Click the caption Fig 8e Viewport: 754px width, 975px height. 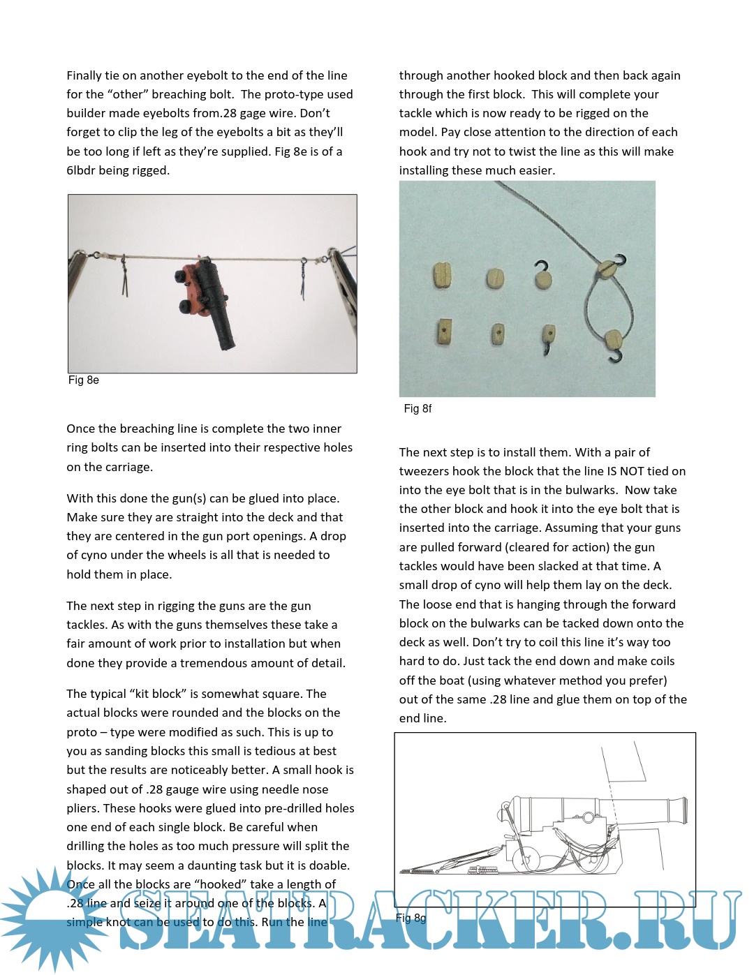[x=83, y=380]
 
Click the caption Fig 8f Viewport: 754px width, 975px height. [x=417, y=409]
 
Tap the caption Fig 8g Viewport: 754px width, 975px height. [x=411, y=918]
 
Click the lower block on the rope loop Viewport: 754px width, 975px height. [x=613, y=341]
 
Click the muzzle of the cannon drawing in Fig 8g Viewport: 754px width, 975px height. [x=683, y=810]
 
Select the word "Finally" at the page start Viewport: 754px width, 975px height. [x=84, y=75]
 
